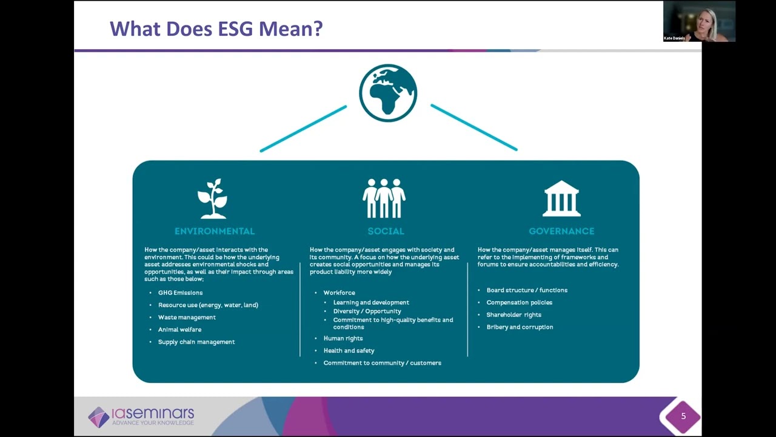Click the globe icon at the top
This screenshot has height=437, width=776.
coord(388,93)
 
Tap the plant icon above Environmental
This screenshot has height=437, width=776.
coord(213,198)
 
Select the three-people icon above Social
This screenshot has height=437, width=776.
coord(384,198)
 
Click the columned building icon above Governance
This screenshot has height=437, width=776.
coord(561,198)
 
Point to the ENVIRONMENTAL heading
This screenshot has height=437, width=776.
coord(215,231)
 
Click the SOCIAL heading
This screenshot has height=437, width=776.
coord(386,231)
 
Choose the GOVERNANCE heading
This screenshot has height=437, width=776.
coord(561,231)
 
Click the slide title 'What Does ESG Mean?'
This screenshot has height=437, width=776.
coord(216,29)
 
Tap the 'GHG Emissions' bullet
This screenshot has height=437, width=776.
coord(180,293)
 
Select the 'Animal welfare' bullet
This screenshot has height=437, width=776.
coord(179,330)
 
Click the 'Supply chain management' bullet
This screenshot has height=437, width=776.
coord(196,342)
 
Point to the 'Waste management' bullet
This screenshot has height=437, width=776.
coord(187,317)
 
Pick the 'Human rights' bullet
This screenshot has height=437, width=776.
coord(343,338)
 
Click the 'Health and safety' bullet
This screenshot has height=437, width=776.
coord(349,350)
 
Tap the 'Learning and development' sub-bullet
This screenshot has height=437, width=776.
coord(371,302)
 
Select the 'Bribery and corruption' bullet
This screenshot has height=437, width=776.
coord(520,327)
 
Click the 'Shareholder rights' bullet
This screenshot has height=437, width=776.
coord(513,314)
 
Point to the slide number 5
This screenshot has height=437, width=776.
coord(683,416)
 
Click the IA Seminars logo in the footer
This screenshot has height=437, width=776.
coord(141,416)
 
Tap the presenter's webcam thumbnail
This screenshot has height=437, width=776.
coord(699,21)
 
